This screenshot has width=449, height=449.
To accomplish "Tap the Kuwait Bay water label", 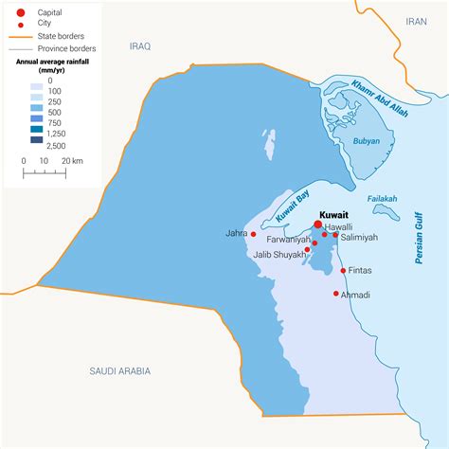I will (x=294, y=207).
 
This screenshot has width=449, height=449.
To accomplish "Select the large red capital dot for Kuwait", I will (x=317, y=225).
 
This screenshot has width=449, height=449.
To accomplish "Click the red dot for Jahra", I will (x=254, y=233).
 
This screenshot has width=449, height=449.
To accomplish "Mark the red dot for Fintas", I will (x=343, y=271).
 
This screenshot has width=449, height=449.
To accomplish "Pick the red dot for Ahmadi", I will (x=335, y=294).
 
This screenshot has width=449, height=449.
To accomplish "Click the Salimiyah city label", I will (x=360, y=240).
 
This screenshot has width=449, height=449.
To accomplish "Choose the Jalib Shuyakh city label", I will (x=278, y=254).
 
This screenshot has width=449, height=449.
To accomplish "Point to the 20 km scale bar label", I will (x=72, y=161).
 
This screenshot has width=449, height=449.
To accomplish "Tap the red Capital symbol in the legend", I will (x=19, y=12).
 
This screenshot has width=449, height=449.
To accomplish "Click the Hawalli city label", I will (x=338, y=227).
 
